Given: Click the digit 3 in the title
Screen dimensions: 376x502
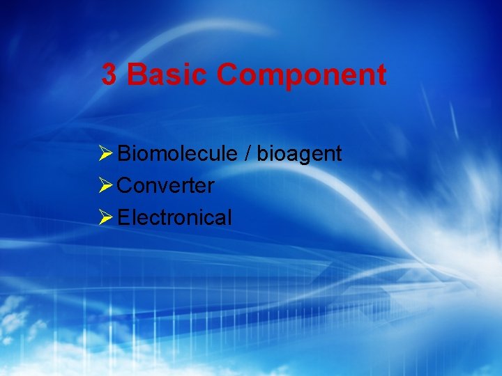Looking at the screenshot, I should click(x=109, y=75).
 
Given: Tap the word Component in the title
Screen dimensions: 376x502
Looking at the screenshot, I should click(x=301, y=75).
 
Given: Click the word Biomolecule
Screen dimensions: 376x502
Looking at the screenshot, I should click(x=178, y=154).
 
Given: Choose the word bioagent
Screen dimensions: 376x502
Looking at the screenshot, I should click(x=299, y=155).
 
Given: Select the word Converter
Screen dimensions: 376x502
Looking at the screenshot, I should click(x=166, y=186).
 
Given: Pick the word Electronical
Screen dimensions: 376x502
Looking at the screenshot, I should click(x=174, y=218).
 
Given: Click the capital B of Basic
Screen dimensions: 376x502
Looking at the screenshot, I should click(x=137, y=75).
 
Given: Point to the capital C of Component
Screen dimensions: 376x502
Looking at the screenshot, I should click(x=227, y=75).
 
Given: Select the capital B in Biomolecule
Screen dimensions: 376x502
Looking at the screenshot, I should click(x=124, y=154).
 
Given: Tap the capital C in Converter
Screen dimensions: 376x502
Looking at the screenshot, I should click(x=125, y=186).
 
